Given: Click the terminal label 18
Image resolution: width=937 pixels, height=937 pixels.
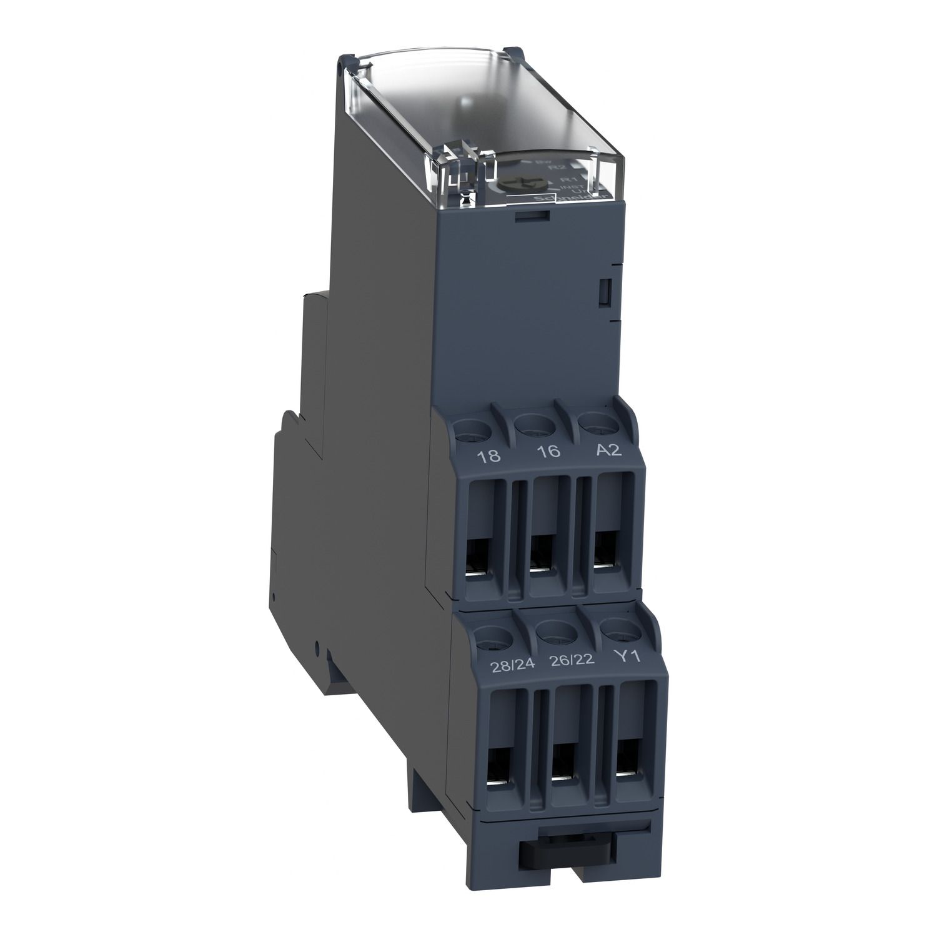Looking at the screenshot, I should tap(489, 455).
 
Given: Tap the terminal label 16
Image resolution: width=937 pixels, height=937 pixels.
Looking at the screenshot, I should tap(550, 451).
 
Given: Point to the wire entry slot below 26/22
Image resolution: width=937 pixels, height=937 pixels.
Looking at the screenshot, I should tap(563, 763).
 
